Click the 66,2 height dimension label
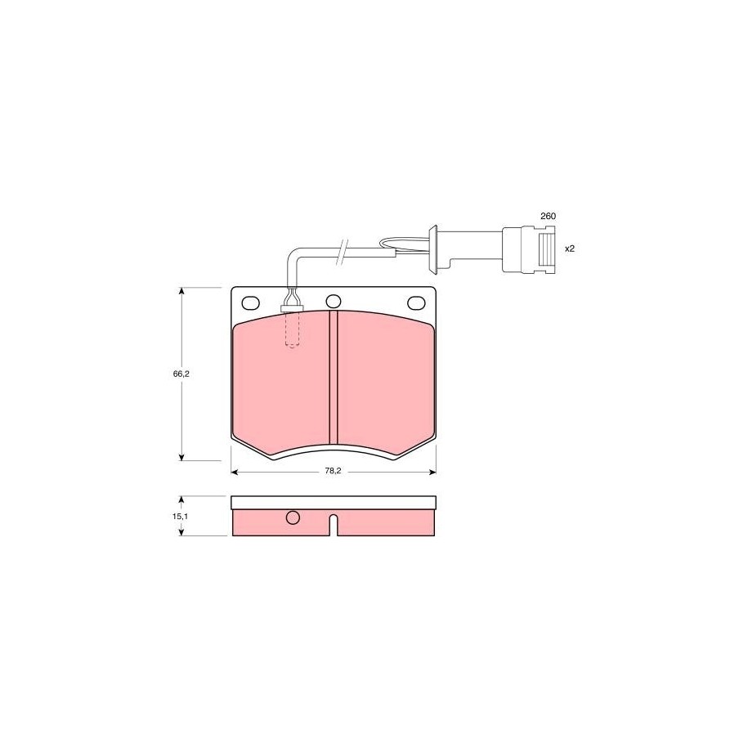(x=181, y=374)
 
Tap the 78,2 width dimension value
(x=333, y=471)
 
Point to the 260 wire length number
(x=548, y=216)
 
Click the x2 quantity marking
(x=570, y=249)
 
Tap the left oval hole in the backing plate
(x=250, y=302)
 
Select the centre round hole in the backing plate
(x=334, y=302)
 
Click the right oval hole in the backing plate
(x=416, y=302)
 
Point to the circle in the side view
(x=293, y=517)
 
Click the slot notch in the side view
(x=334, y=525)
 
